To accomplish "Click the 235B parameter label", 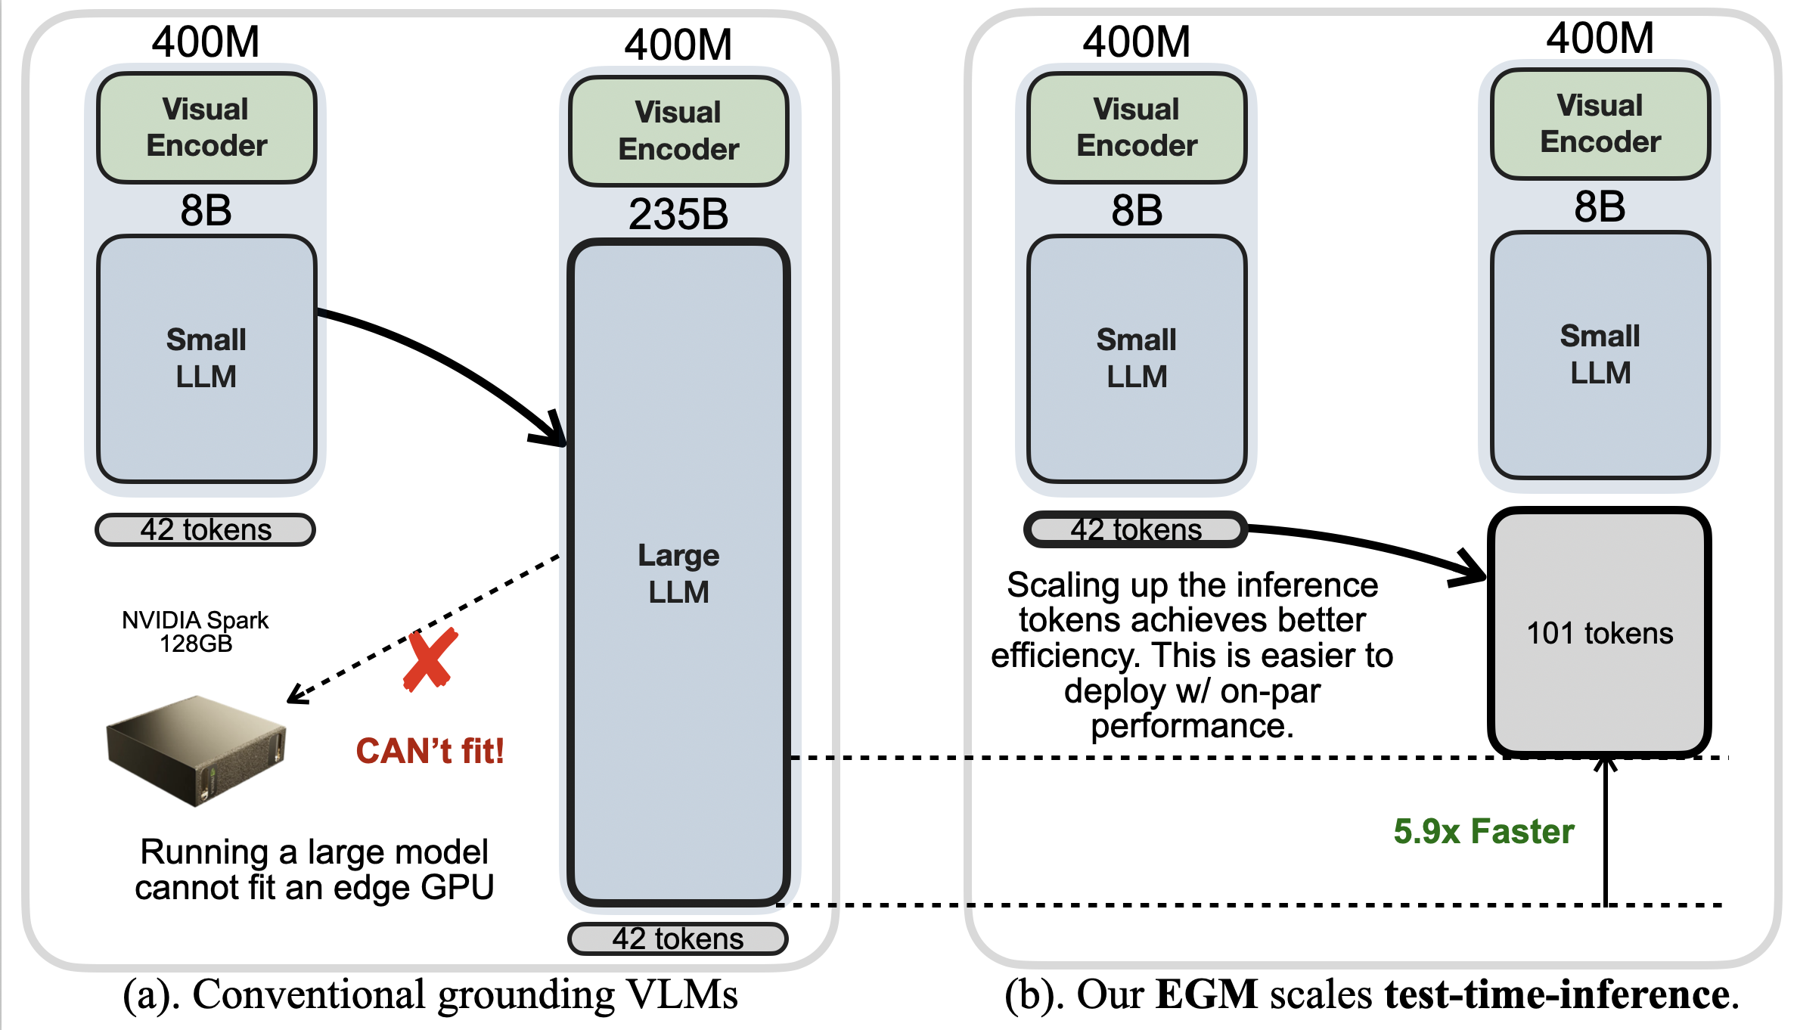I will tap(678, 214).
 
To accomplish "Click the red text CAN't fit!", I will tap(430, 751).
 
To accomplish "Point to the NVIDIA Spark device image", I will tap(197, 749).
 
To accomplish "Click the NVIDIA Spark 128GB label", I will tap(195, 631).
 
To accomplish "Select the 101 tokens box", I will tap(1600, 633).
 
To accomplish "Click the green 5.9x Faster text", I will tap(1483, 831).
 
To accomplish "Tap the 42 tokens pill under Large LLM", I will tap(678, 938).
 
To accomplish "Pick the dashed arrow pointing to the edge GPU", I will tap(424, 628).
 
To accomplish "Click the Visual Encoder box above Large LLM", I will tap(678, 131).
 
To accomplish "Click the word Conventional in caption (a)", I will tap(310, 994).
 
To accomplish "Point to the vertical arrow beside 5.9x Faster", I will tap(1605, 832).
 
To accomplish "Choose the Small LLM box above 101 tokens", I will tap(1600, 355).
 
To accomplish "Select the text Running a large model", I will tap(314, 852).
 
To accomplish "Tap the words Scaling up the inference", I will tap(1192, 585).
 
